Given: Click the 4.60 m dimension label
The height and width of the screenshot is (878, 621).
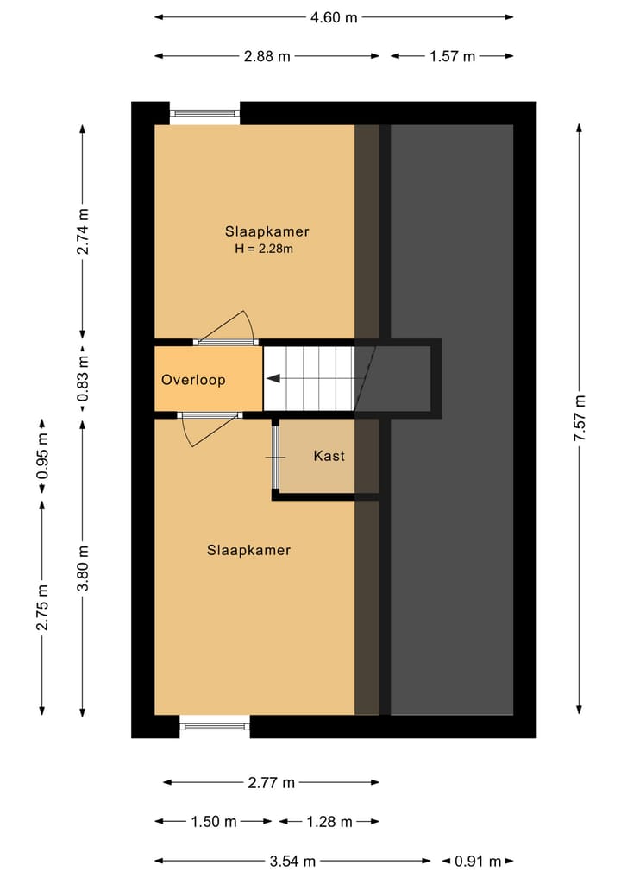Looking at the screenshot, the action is coord(334,17).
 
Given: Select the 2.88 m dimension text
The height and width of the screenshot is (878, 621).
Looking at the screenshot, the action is coord(267,56).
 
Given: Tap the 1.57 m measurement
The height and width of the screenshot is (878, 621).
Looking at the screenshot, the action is coord(452,56).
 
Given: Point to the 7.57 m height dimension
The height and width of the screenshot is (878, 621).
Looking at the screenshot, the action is coord(580,418).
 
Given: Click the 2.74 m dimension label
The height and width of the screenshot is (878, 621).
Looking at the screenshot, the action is coord(83,231).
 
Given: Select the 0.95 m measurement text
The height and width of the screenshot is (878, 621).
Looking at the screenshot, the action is coord(42,456).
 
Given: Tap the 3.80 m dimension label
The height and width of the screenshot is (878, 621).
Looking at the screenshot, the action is coord(83,568).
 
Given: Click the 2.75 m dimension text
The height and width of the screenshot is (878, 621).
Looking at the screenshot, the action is coord(42,607).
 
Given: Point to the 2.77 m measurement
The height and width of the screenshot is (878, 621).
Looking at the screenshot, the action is coord(272,782).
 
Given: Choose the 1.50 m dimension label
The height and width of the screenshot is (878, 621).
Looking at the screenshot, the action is coord(214,821).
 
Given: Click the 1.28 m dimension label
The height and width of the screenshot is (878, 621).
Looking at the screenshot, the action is coord(329,821).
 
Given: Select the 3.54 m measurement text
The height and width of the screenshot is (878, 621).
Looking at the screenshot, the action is coord(292,861).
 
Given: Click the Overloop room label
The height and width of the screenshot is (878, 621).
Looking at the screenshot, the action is coord(193,380).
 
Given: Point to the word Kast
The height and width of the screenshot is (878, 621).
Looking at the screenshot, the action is coord(329,456).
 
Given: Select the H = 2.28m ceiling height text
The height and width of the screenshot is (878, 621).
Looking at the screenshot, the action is coord(264,249).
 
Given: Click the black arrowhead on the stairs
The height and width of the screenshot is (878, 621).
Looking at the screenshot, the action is coord(273,379).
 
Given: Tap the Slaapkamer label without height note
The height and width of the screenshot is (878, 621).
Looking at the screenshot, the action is coord(249,551).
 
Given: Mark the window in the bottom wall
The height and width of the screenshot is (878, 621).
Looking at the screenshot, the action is coord(215,726).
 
